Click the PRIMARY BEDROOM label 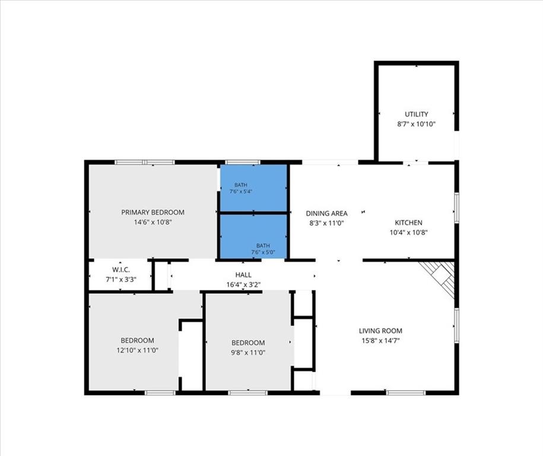(x=153, y=212)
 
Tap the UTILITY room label (x=416, y=114)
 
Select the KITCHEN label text (x=409, y=223)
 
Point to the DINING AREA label (x=326, y=213)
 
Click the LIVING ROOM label (x=380, y=331)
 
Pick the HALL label (x=243, y=275)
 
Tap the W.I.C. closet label (x=121, y=270)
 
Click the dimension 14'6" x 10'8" (x=153, y=222)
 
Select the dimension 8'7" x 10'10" (x=416, y=124)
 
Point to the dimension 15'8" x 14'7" (x=380, y=341)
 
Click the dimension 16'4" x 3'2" (x=243, y=285)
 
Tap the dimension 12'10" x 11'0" (x=138, y=350)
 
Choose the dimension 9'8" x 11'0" (x=248, y=353)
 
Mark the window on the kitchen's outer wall (x=457, y=207)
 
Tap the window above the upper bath (x=243, y=162)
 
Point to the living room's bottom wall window (x=405, y=392)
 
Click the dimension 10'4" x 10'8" (x=409, y=233)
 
